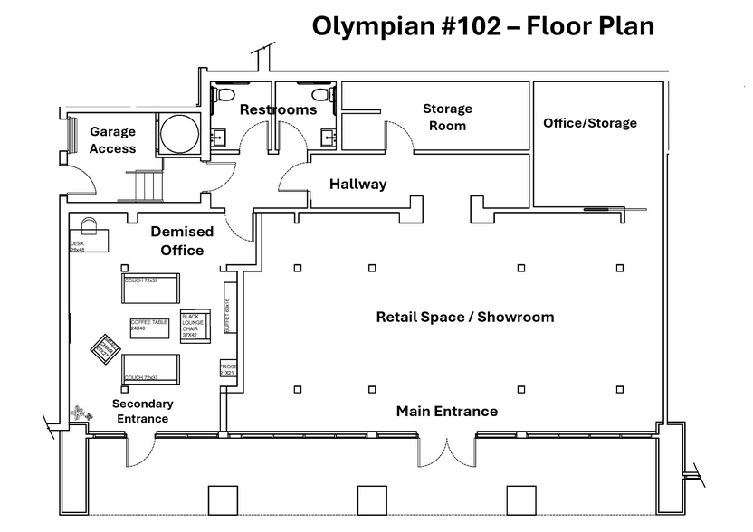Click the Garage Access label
point(113,140)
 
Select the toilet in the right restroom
point(319,94)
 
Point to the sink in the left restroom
point(219,137)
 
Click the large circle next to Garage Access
point(179,135)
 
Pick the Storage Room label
point(447,117)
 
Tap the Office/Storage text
point(590,123)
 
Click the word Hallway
point(357,184)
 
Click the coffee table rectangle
point(150,328)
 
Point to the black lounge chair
point(195,326)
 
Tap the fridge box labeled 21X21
point(227,369)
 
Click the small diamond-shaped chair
point(103,347)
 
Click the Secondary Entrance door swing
point(141,450)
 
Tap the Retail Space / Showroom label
point(465,317)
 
